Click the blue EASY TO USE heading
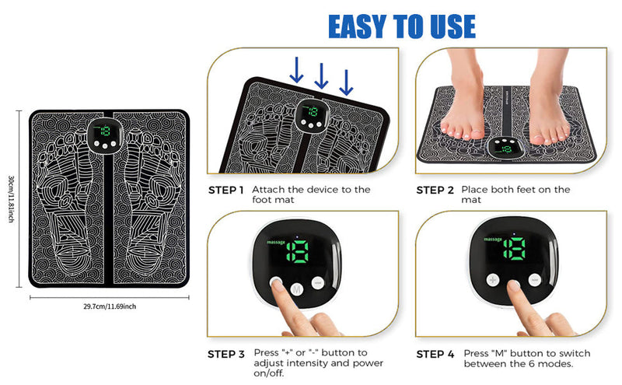(402, 26)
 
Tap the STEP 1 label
(225, 190)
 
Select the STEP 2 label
(435, 190)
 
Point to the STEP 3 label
(226, 354)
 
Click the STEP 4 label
(435, 354)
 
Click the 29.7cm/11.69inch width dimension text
(110, 306)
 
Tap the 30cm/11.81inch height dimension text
(12, 199)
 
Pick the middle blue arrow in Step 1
(321, 75)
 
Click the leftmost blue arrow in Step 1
(296, 70)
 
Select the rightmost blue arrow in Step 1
(346, 82)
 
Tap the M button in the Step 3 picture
(297, 289)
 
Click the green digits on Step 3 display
(298, 251)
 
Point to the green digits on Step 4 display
(515, 249)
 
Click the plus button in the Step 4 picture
(493, 280)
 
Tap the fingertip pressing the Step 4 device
(514, 285)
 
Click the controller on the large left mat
(105, 136)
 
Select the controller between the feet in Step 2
(506, 147)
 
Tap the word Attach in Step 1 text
(268, 190)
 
